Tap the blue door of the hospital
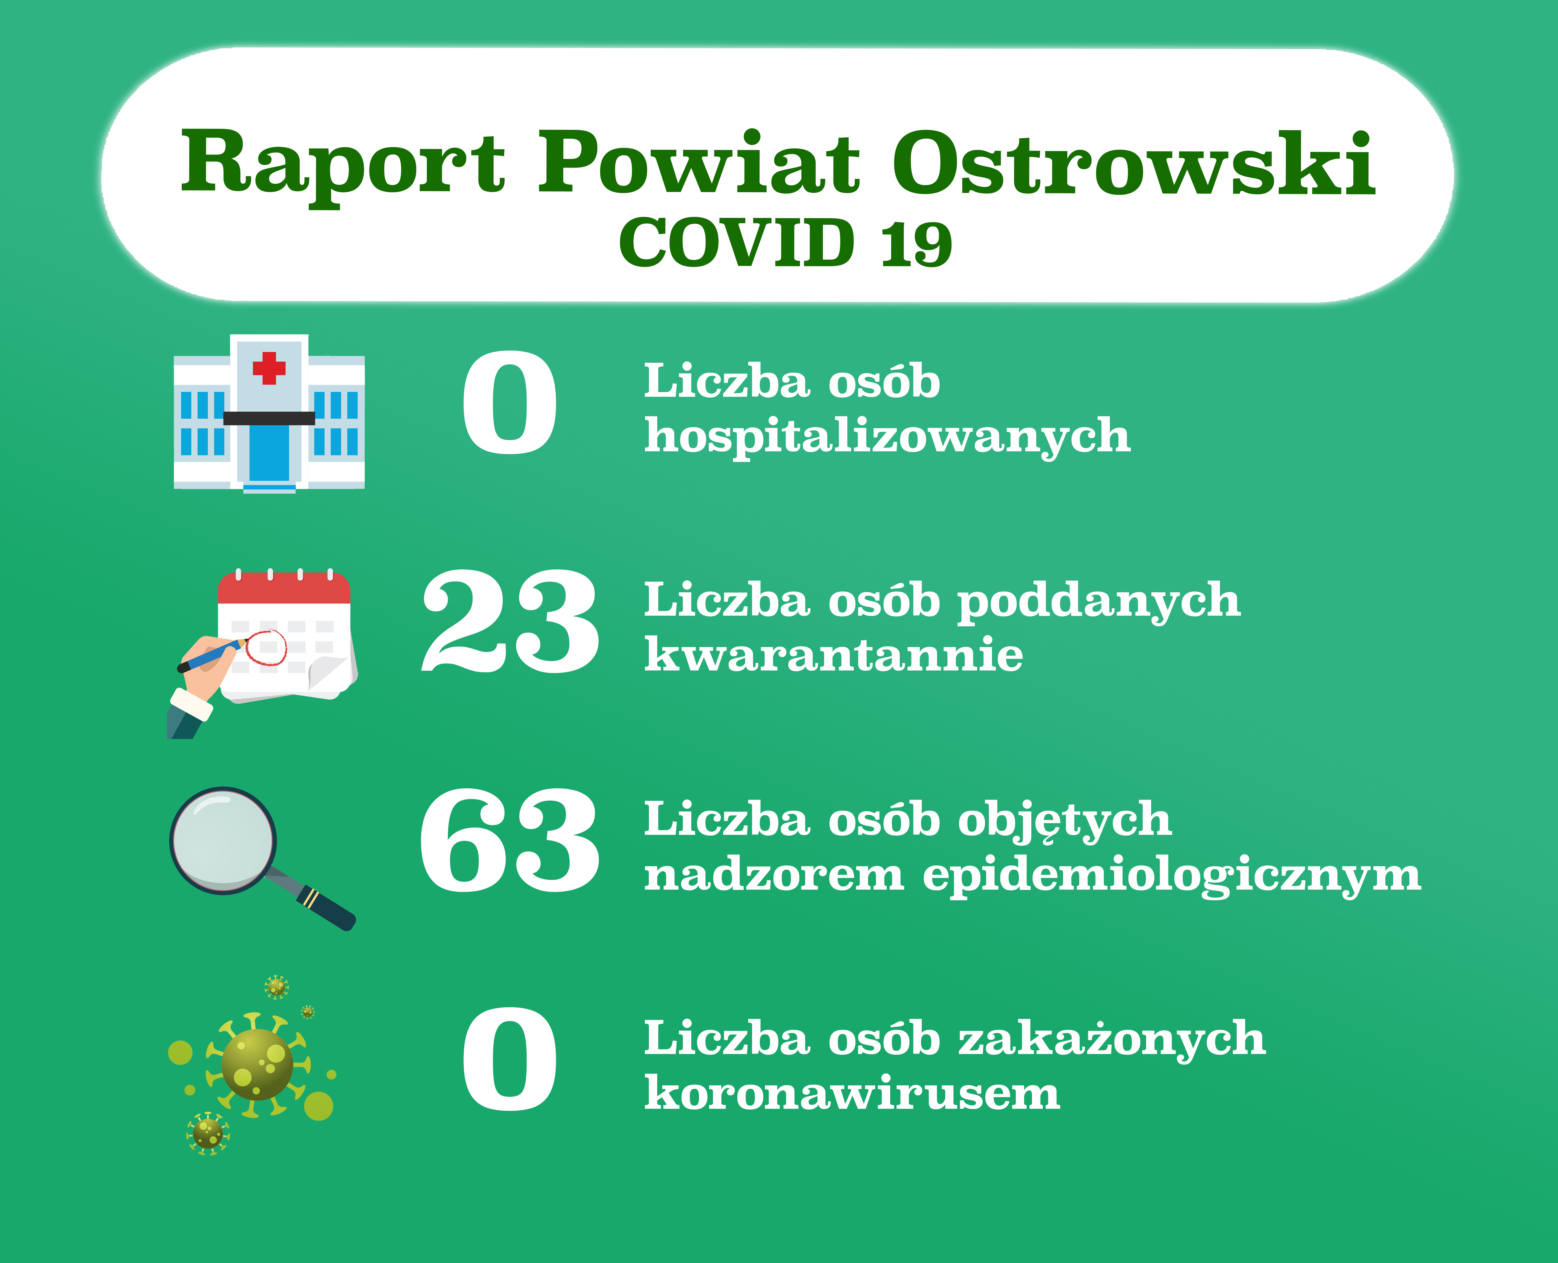[269, 453]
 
